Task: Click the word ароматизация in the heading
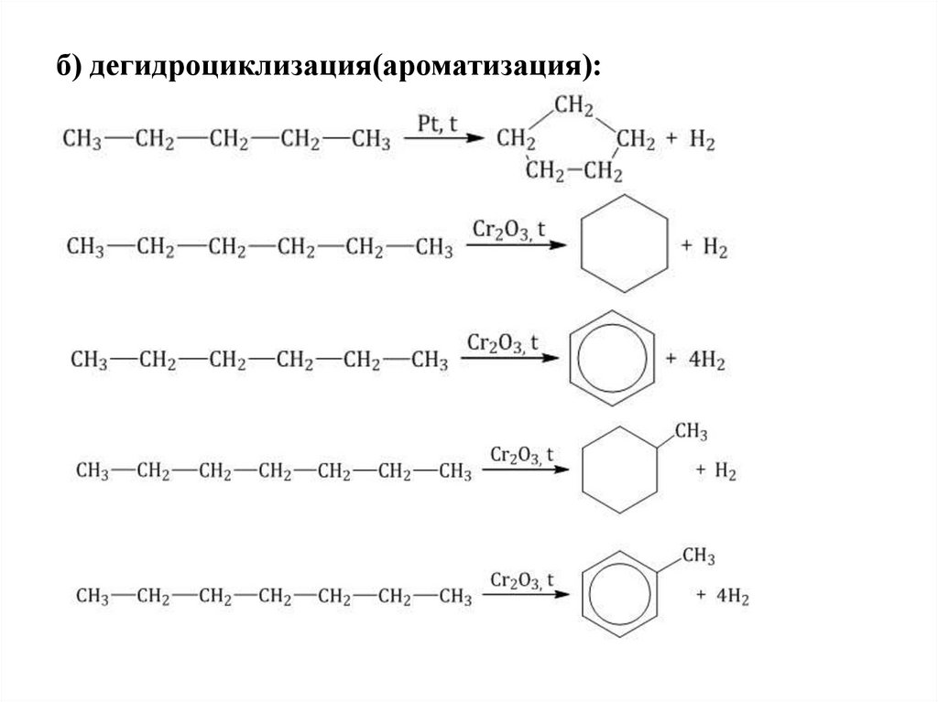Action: coord(475,66)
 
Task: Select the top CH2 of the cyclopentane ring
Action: coord(573,106)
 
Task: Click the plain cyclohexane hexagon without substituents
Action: coord(626,243)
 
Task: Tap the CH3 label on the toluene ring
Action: coord(698,556)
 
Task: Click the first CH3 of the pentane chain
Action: coord(83,141)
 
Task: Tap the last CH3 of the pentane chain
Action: coord(371,141)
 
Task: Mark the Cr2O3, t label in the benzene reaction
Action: coord(502,343)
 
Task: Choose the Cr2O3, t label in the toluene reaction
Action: coord(522,580)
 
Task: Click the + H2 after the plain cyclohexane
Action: coord(704,249)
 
